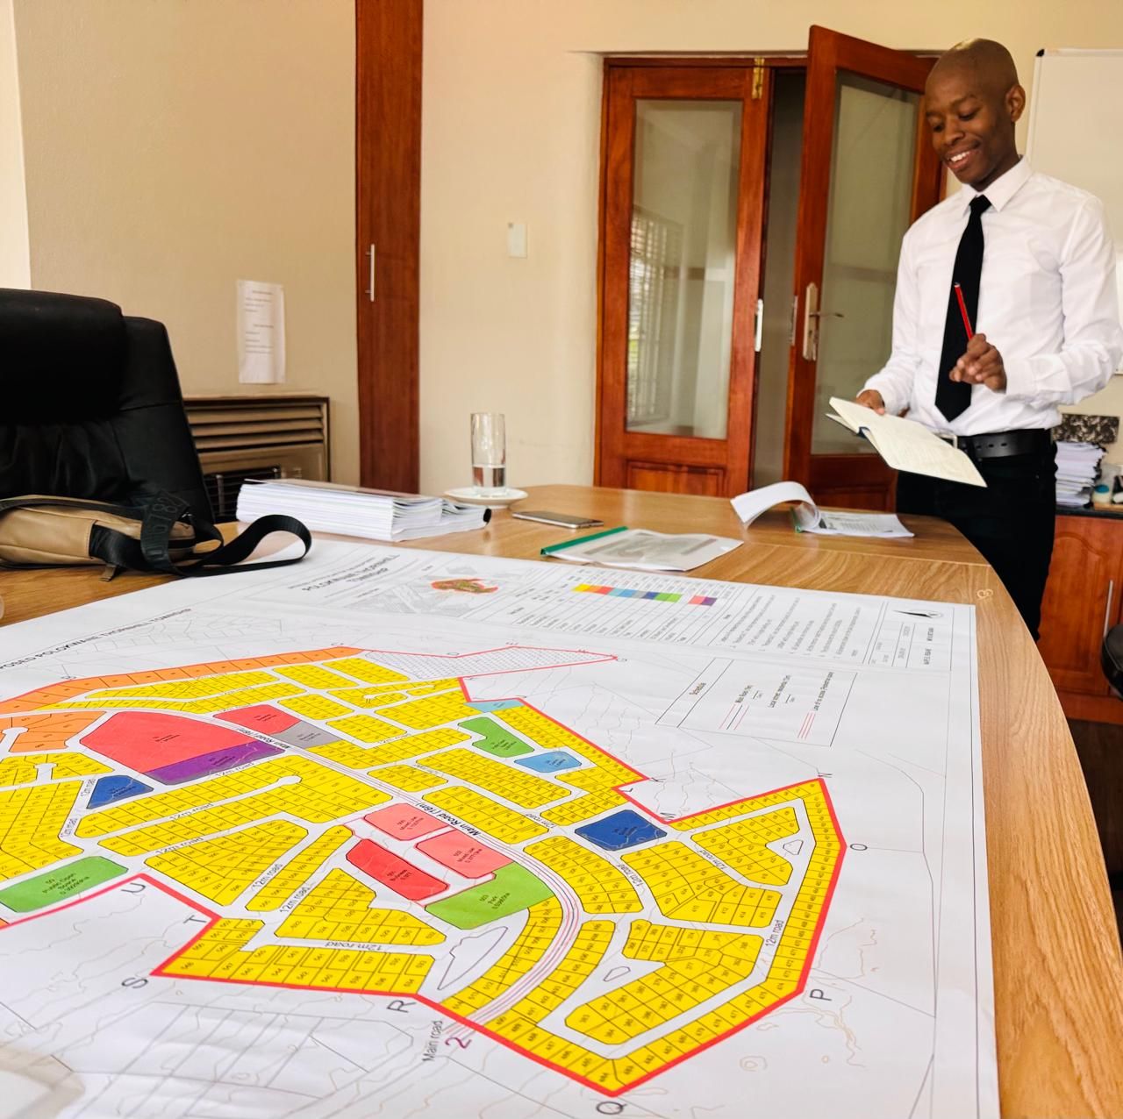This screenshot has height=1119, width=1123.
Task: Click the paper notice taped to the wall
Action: tap(261, 331)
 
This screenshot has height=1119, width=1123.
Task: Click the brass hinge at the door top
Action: tap(758, 78)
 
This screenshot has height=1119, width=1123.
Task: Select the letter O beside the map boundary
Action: tap(861, 846)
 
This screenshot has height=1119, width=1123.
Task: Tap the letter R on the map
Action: tap(404, 1006)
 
